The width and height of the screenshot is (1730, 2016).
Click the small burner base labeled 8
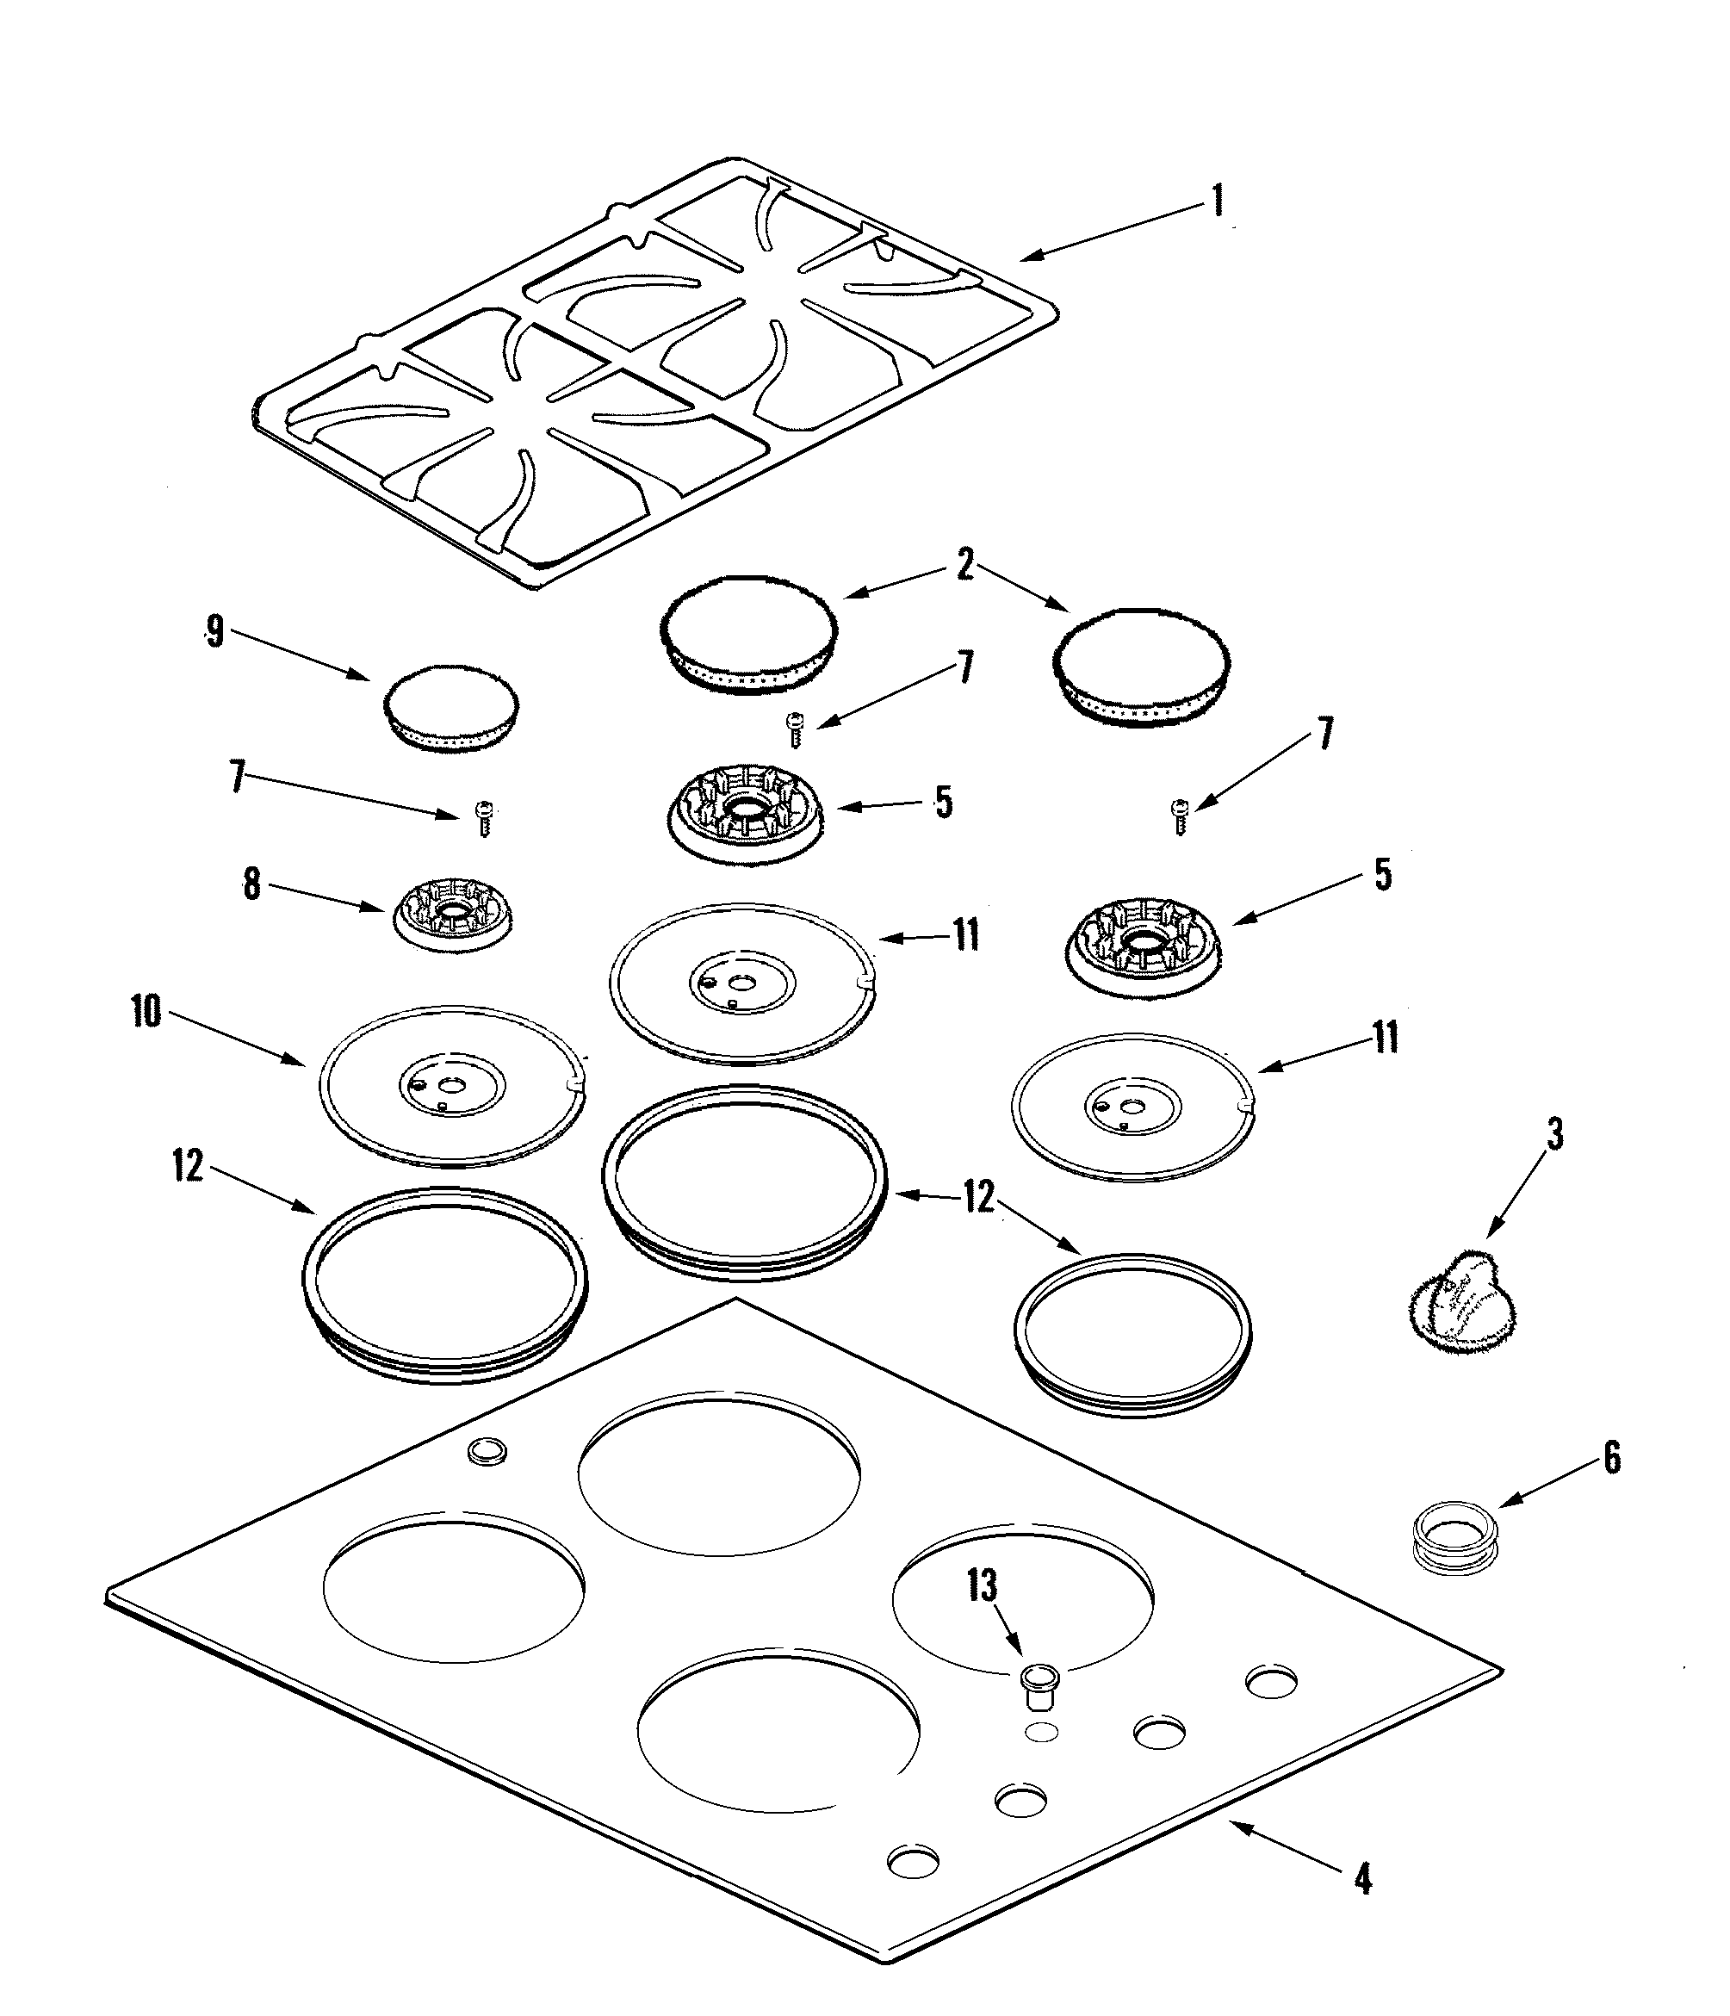[x=452, y=920]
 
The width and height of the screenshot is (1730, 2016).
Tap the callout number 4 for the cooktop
[x=1363, y=1880]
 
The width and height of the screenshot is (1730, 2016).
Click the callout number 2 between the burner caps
[x=964, y=564]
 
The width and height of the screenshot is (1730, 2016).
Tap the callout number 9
[x=215, y=631]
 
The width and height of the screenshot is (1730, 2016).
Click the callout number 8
[x=252, y=884]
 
